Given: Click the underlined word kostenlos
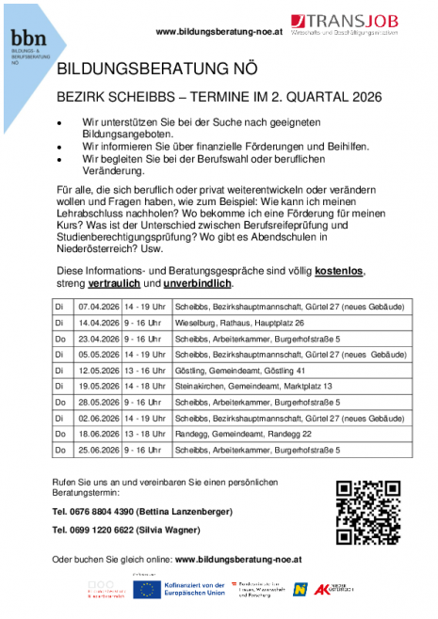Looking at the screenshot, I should click(x=339, y=271).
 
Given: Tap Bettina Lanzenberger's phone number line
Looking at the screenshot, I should click(x=142, y=512).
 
